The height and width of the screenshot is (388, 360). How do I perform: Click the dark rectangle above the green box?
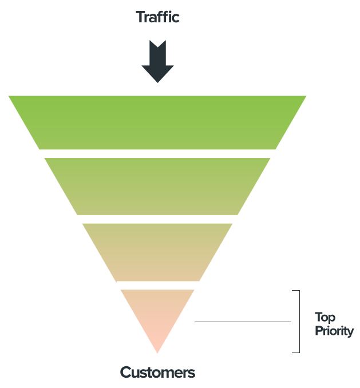(x=158, y=61)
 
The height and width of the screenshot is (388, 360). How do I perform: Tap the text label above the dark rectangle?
(x=158, y=17)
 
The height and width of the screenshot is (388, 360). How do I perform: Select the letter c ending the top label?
(x=176, y=18)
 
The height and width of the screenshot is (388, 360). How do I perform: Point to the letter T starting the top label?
(x=140, y=17)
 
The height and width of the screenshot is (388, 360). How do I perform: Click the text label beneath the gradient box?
(x=157, y=373)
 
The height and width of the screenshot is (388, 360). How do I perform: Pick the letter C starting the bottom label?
(x=126, y=373)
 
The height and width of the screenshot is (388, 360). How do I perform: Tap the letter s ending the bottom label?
(x=191, y=373)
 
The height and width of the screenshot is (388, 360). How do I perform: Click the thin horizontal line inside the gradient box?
(x=243, y=322)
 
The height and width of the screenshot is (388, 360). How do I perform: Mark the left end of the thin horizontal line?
(x=195, y=322)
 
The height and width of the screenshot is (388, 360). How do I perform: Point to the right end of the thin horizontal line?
(x=291, y=322)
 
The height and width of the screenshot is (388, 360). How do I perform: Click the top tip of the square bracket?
(x=292, y=291)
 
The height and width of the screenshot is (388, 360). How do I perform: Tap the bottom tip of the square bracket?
(x=292, y=353)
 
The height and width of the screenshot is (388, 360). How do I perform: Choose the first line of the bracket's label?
(x=331, y=317)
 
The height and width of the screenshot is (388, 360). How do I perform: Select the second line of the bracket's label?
(x=334, y=331)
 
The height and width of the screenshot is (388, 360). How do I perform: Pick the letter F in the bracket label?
(x=318, y=331)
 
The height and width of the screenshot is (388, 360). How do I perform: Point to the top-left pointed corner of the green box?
(x=9, y=97)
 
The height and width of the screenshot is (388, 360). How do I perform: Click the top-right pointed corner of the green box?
(x=306, y=97)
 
